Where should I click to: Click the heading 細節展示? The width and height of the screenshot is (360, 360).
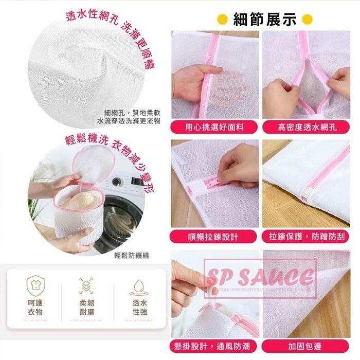point(265,20)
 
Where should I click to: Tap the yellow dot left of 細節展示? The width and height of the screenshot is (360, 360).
point(223,20)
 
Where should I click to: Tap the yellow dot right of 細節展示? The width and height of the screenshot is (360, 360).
point(308,20)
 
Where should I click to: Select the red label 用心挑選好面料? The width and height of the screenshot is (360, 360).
point(215,127)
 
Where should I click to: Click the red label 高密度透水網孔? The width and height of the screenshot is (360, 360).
point(307,127)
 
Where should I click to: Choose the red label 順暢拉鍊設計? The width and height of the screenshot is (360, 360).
point(215,237)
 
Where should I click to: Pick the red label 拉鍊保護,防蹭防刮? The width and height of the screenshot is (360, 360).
point(307,237)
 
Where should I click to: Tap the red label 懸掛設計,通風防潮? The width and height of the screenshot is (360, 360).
point(215,346)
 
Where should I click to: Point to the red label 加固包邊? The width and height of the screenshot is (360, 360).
point(307,346)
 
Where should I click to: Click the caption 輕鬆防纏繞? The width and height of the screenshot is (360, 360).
point(132,255)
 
